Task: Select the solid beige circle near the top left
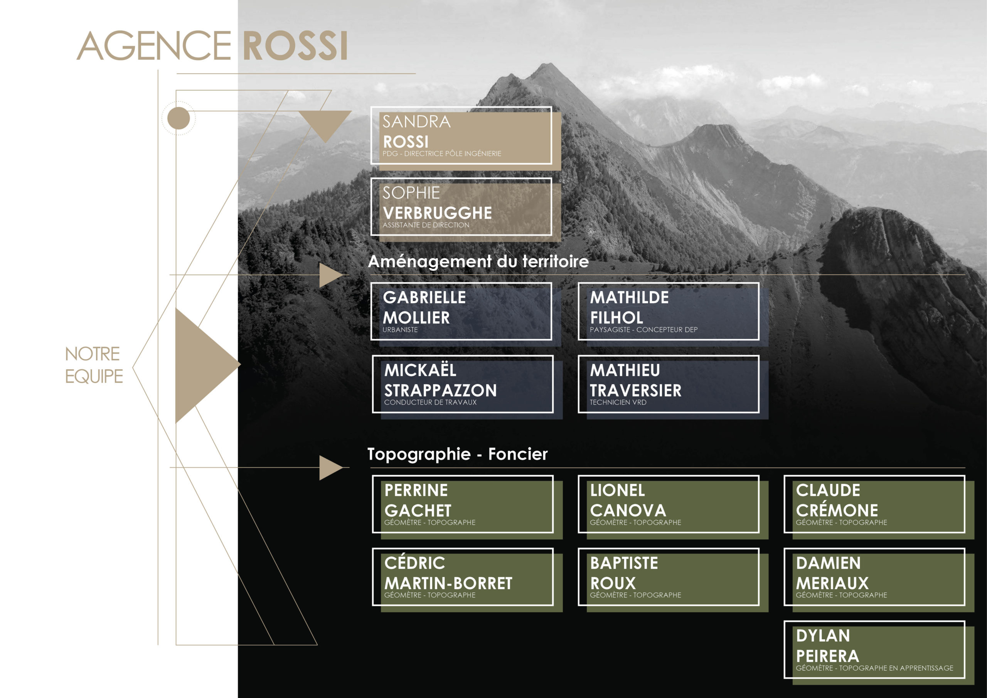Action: click(x=179, y=118)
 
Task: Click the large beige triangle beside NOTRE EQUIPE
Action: click(x=202, y=366)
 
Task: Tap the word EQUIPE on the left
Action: click(x=94, y=376)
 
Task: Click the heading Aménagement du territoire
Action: click(x=478, y=261)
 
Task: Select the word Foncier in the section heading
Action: click(x=518, y=454)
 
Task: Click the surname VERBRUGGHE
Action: click(x=437, y=213)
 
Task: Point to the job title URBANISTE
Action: click(x=400, y=330)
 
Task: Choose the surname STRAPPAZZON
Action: click(x=441, y=391)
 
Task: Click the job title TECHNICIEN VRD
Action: click(x=618, y=403)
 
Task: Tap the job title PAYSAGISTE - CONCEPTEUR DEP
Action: click(x=643, y=330)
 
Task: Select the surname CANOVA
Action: click(x=628, y=511)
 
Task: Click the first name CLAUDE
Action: click(x=828, y=490)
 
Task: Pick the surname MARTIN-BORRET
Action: click(x=448, y=583)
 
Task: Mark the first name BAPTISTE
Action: click(x=624, y=563)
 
